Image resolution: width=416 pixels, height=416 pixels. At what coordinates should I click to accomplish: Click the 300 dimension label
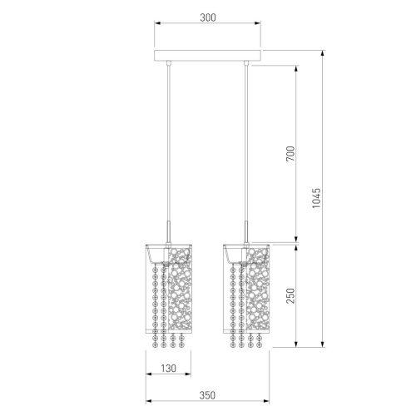(208, 17)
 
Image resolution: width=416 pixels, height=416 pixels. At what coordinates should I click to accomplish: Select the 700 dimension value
(290, 153)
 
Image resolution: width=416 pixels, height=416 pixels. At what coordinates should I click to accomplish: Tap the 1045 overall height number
(316, 198)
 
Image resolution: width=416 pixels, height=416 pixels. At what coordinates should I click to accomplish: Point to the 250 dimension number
(290, 295)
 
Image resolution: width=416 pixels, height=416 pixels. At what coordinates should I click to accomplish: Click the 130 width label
(168, 369)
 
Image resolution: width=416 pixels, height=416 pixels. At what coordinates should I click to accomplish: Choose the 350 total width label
(207, 395)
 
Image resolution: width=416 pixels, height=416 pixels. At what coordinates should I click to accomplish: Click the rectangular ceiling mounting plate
(207, 56)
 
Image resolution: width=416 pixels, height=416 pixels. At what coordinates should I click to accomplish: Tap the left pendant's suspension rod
(168, 152)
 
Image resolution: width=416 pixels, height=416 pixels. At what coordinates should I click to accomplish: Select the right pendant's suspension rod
(245, 152)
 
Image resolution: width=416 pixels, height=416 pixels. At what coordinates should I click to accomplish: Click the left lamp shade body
(169, 289)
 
